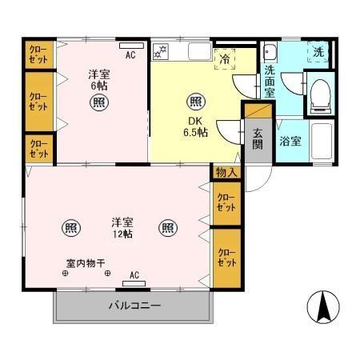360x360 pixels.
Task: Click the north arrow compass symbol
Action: [323, 309]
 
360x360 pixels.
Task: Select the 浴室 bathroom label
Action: [290, 142]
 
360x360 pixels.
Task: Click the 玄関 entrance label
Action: [258, 138]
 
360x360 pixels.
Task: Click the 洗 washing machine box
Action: [319, 53]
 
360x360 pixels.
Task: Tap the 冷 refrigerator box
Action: [225, 58]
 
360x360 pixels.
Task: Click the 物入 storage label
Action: [226, 172]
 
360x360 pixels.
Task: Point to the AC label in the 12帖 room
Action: [134, 275]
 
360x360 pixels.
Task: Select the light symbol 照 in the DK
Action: [194, 102]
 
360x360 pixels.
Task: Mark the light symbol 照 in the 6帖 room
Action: [98, 102]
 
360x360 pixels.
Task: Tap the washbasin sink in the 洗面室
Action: [270, 54]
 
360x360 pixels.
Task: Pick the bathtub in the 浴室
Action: [319, 142]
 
